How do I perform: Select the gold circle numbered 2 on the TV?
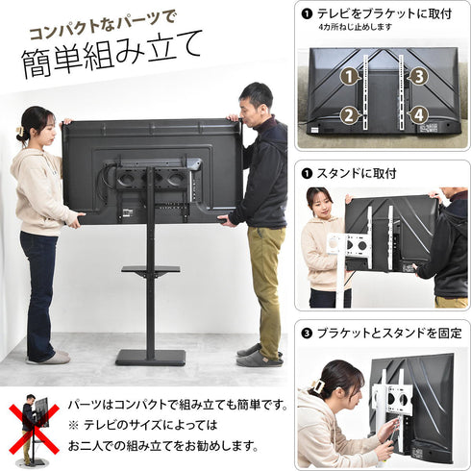[351, 114]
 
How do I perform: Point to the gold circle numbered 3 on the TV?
[416, 75]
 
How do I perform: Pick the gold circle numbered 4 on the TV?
[416, 114]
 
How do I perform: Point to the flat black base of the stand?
[151, 358]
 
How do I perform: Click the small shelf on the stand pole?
[150, 271]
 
